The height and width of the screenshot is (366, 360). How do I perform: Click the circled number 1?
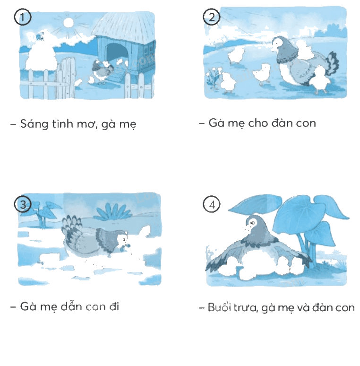pyautogui.click(x=22, y=17)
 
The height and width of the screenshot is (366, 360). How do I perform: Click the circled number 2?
pyautogui.click(x=211, y=17)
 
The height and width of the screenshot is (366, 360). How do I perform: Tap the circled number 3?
pyautogui.click(x=23, y=204)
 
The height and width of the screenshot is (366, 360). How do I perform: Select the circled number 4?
pyautogui.click(x=212, y=204)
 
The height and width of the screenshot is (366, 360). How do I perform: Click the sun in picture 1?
pyautogui.click(x=69, y=23)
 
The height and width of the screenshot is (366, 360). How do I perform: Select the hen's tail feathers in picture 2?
pyautogui.click(x=331, y=63)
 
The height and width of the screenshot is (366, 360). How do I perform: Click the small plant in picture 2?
pyautogui.click(x=213, y=77)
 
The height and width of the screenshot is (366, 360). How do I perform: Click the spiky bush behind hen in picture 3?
pyautogui.click(x=113, y=211)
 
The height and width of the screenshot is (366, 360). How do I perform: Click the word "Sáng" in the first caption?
pyautogui.click(x=34, y=124)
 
